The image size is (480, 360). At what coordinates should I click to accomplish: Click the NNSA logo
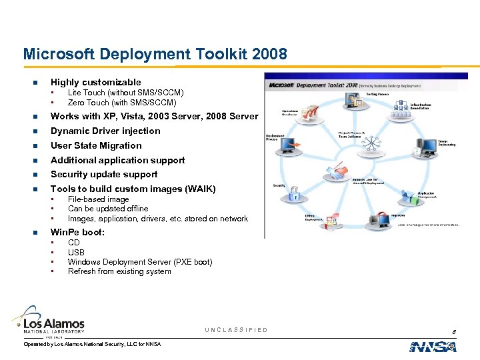click(x=433, y=347)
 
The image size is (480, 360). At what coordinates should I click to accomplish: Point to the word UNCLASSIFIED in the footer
click(x=236, y=330)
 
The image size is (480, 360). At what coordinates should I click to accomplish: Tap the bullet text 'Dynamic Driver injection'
click(x=105, y=131)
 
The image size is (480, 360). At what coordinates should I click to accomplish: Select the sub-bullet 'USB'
click(x=76, y=253)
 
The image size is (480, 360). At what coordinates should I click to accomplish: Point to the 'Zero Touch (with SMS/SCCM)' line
click(x=122, y=103)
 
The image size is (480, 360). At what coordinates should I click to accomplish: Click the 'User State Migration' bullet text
click(x=96, y=146)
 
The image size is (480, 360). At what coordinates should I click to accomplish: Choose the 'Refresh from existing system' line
click(x=119, y=271)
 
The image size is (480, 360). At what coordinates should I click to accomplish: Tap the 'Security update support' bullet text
click(x=104, y=175)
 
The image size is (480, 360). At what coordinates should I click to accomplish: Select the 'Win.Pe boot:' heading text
click(x=77, y=233)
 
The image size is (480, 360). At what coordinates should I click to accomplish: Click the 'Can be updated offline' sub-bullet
click(x=108, y=209)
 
